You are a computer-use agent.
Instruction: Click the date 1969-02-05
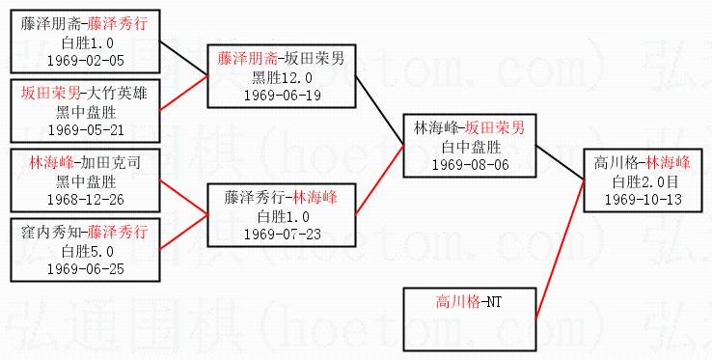(85, 61)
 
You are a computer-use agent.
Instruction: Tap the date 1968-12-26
(85, 200)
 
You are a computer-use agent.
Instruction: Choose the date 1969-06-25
(85, 269)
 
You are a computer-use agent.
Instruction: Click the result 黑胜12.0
(282, 78)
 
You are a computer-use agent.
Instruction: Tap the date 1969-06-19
(282, 96)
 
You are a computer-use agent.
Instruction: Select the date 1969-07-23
(282, 235)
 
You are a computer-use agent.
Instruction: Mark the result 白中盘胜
(471, 148)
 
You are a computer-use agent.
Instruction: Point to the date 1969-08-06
(471, 165)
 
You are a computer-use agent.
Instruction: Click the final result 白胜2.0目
(643, 181)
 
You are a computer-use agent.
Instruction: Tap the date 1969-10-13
(643, 200)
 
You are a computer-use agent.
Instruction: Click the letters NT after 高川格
(494, 302)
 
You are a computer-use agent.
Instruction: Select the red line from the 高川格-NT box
(561, 250)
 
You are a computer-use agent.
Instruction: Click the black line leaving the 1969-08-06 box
(561, 162)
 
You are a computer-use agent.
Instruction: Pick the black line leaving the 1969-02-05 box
(184, 59)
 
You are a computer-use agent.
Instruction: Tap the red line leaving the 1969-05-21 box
(184, 93)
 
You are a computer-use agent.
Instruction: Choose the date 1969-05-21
(85, 130)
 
